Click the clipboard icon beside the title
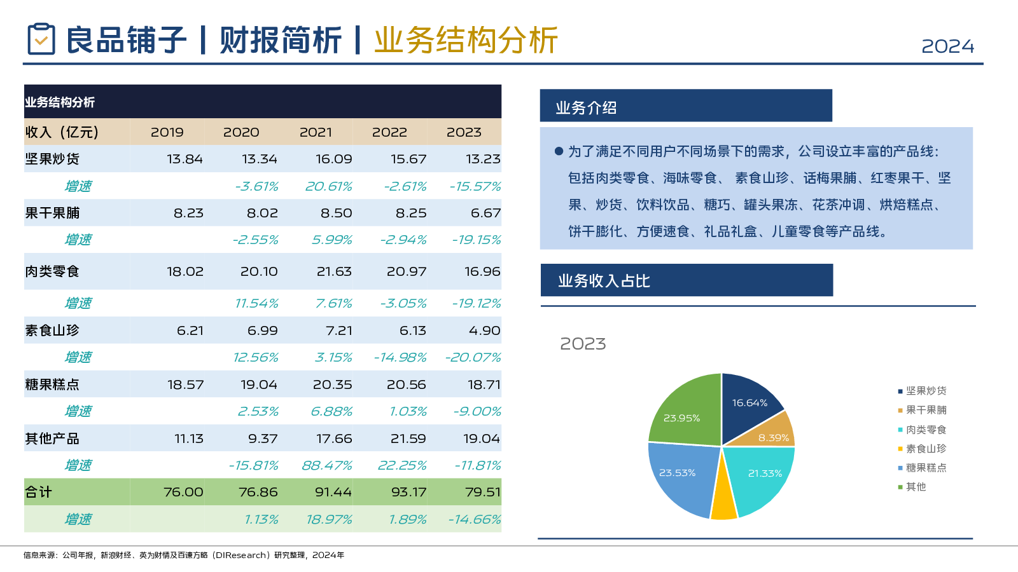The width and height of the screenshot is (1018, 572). [x=41, y=39]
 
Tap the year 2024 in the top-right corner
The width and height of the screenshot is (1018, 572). [x=947, y=46]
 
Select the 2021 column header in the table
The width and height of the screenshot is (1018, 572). [x=316, y=132]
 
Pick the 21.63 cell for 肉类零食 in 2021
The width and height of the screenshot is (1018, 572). [x=334, y=271]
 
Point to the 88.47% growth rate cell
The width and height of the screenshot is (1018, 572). [x=326, y=465]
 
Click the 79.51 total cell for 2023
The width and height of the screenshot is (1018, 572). [x=482, y=492]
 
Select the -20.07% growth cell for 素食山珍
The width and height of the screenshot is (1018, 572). [x=473, y=357]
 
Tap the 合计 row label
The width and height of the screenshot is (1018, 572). [x=38, y=492]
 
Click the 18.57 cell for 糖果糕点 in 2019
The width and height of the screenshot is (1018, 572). [x=185, y=385]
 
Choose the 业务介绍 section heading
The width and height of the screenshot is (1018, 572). [x=586, y=107]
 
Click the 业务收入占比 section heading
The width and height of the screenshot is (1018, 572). [x=604, y=281]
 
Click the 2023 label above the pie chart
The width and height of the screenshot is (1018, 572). [x=583, y=344]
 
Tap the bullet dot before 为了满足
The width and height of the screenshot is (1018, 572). [x=559, y=151]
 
